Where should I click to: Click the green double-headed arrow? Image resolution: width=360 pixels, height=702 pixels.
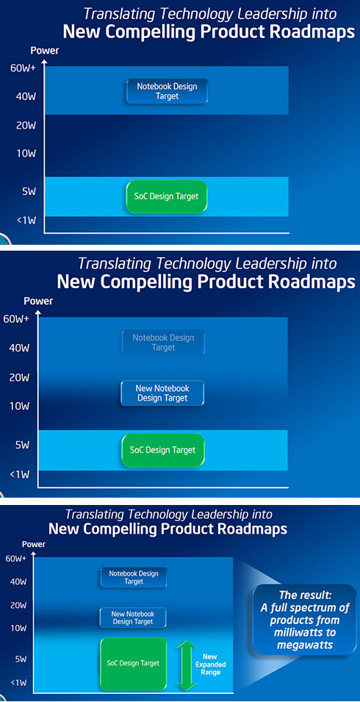[x=187, y=665]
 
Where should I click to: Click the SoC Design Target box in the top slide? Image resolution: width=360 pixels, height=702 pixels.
[x=166, y=196]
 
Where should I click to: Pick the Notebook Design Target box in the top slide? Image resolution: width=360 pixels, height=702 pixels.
[x=166, y=91]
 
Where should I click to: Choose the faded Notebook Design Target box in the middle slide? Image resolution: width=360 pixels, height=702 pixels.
[x=163, y=342]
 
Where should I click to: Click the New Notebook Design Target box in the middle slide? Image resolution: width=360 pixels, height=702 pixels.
[x=162, y=393]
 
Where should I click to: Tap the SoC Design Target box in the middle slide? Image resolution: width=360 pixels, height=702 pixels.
[x=163, y=450]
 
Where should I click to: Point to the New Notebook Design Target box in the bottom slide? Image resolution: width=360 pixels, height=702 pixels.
[x=133, y=617]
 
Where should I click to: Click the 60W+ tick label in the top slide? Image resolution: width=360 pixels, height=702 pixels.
[x=25, y=68]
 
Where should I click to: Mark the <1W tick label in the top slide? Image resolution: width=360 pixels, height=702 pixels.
[x=26, y=221]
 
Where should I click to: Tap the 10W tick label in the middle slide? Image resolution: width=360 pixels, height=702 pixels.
[x=19, y=406]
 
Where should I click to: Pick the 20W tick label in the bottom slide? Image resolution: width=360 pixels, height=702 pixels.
[x=18, y=606]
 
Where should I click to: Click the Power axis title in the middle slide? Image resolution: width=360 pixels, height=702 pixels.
[x=38, y=301]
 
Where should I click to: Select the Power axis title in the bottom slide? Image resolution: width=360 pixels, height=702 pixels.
[x=34, y=545]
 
